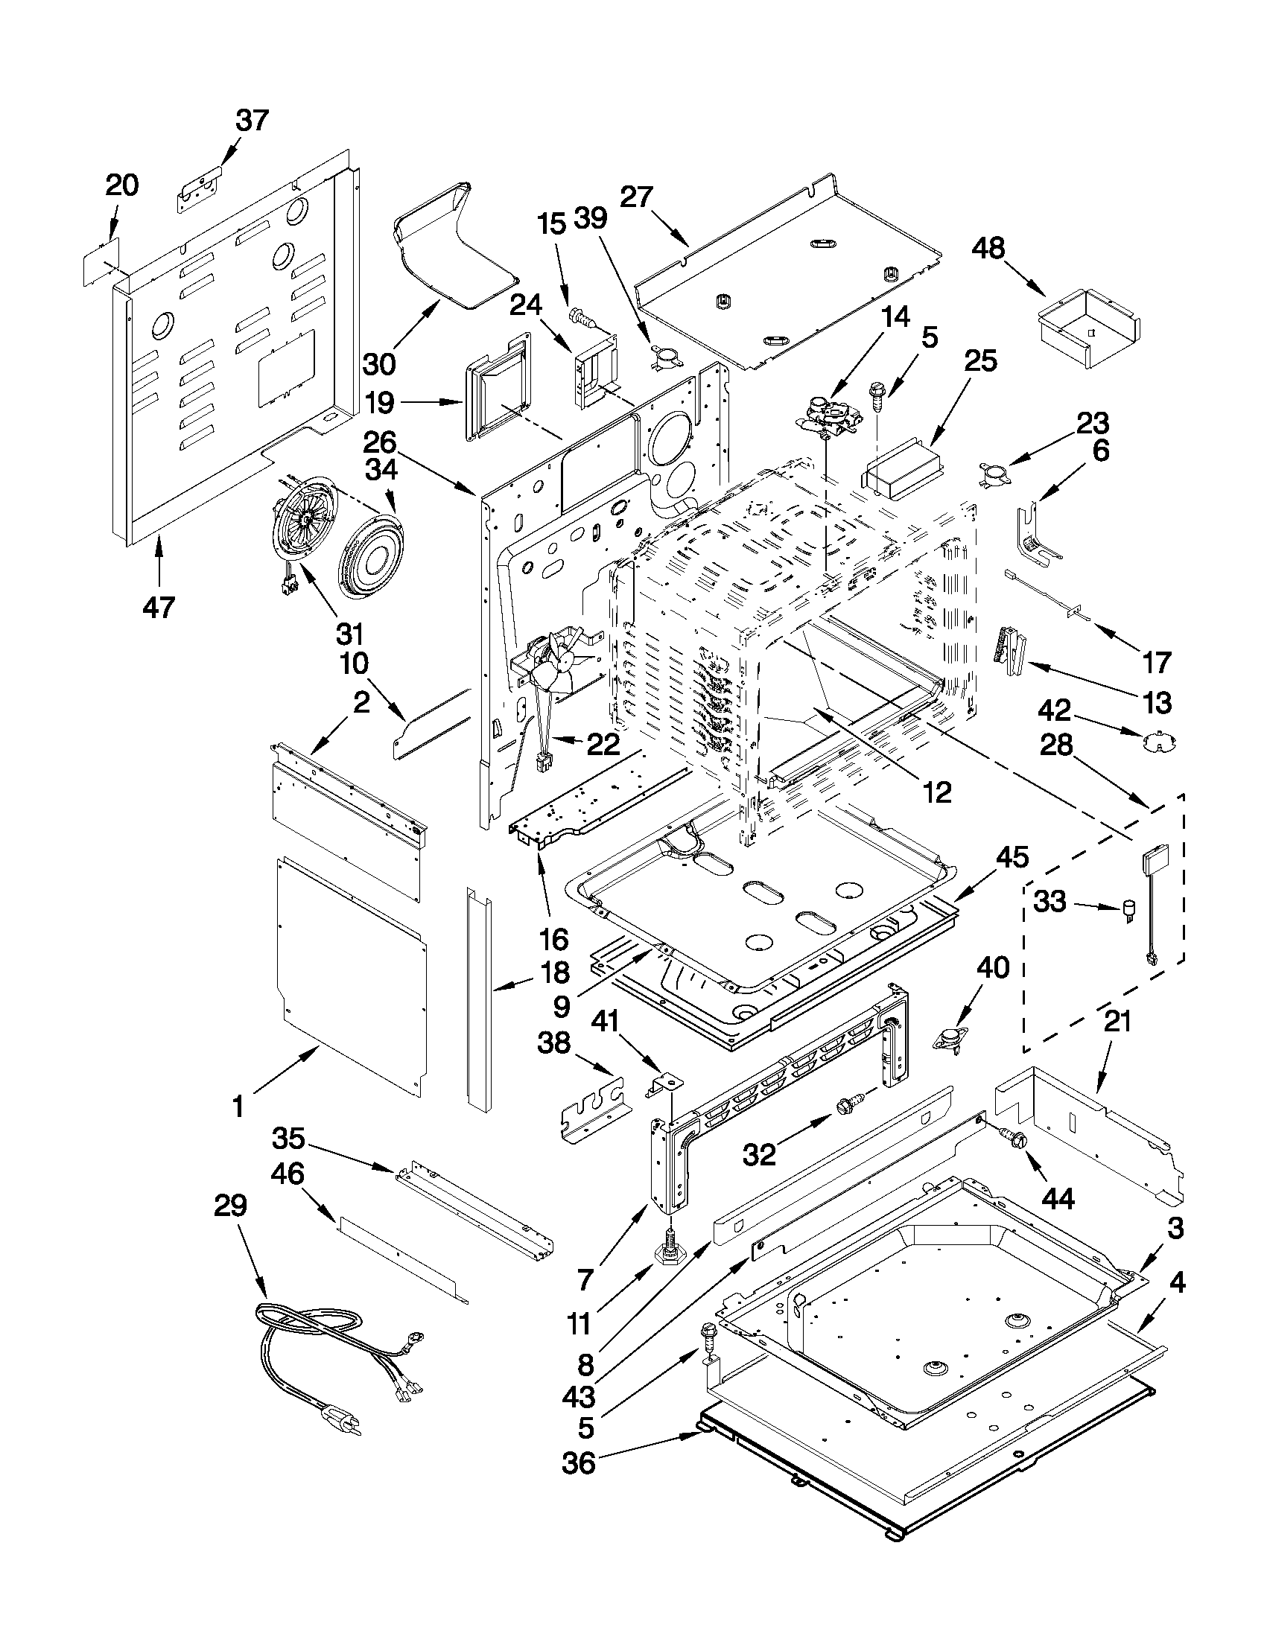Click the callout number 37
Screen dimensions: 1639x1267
253,120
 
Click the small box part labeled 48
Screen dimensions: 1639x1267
1087,329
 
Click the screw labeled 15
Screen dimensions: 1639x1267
582,317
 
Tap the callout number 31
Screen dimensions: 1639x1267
350,634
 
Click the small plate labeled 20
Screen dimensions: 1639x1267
99,262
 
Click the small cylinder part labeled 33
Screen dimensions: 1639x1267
1127,910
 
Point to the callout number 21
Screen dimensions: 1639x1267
1117,1022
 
